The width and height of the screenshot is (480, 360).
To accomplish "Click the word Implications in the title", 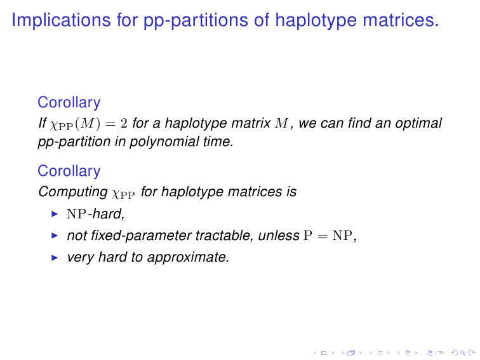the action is [61, 20].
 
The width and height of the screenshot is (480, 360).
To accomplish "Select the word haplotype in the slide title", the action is [316, 20].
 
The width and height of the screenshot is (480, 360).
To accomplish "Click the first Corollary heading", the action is [69, 103].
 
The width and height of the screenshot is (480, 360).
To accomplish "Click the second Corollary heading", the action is [69, 171].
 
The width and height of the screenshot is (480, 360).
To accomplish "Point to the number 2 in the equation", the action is [124, 123].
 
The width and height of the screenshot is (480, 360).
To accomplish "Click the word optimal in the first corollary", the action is [418, 123].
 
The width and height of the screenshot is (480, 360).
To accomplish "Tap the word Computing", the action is [73, 192].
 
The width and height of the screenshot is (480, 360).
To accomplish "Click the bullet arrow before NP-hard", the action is [55, 214].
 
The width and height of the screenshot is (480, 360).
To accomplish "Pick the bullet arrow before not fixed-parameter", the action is [55, 236].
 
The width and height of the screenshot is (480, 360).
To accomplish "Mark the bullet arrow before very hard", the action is [55, 257].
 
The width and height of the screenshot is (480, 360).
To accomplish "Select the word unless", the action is [279, 236].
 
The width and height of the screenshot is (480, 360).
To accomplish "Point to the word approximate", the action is [188, 257].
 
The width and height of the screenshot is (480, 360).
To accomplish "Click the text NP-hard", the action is [95, 214].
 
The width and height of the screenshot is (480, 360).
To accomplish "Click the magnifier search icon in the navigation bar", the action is [463, 353].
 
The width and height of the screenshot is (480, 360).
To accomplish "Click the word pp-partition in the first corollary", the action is [74, 142].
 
